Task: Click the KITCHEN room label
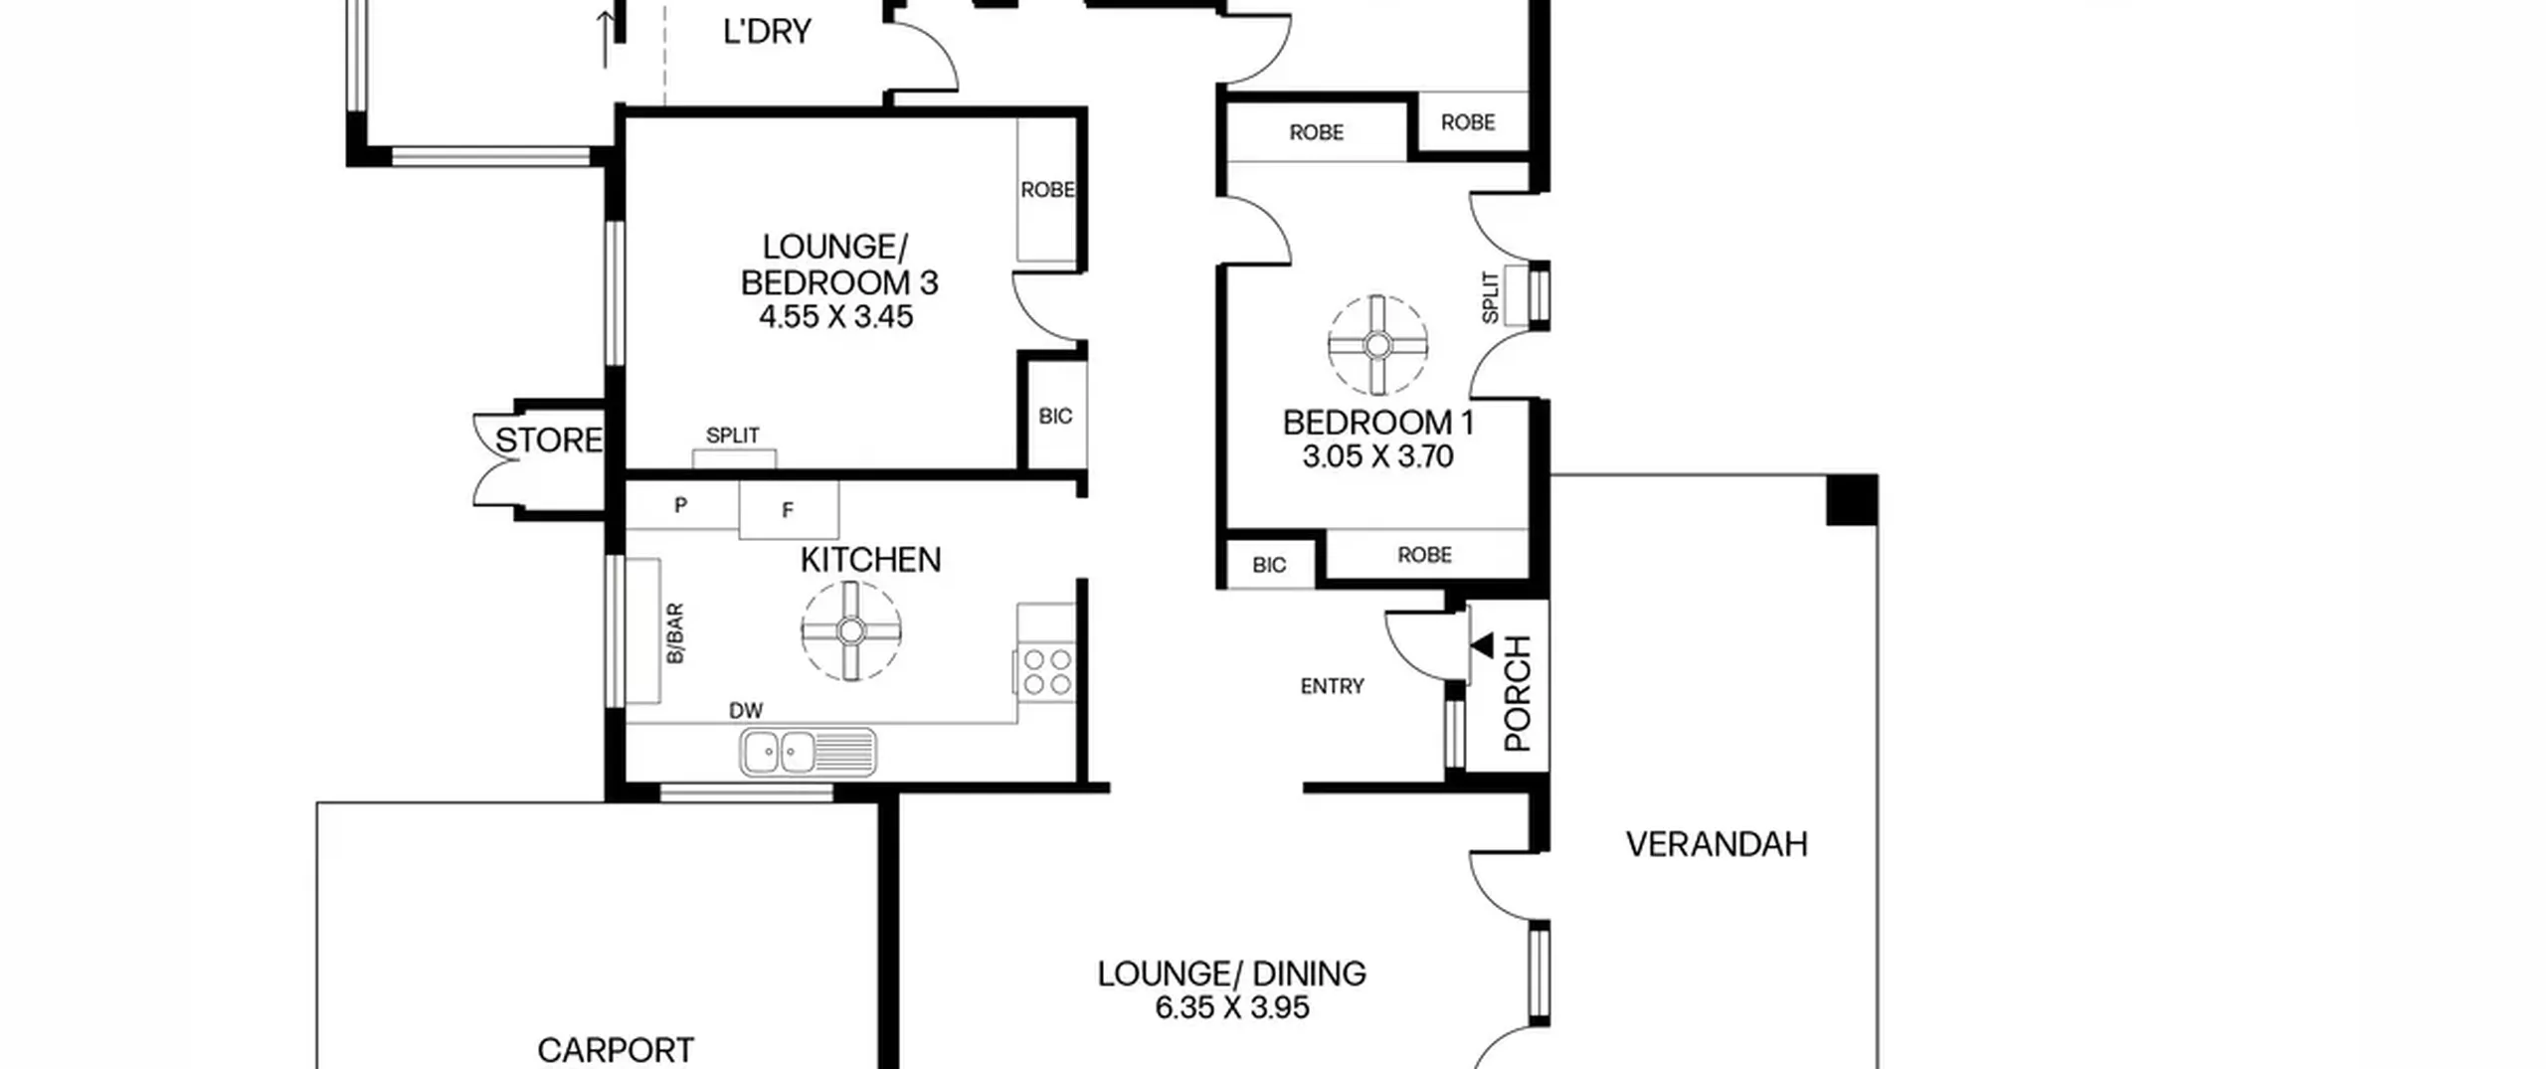870,560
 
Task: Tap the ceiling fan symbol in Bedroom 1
1377,345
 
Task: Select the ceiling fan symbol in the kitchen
851,630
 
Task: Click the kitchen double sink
808,752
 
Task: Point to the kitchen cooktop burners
1047,671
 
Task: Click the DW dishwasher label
746,711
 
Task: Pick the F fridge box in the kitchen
789,510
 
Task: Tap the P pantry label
680,505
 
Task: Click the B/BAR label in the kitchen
675,633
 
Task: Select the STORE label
549,441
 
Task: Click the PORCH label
1518,693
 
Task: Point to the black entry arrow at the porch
1482,645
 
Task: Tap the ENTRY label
1332,686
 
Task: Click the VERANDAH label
1717,844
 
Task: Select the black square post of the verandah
1852,500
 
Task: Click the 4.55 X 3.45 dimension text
835,317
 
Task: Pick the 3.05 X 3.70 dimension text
1377,456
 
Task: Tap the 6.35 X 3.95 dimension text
1231,1007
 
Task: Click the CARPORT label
616,1050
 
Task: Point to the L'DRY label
767,32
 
